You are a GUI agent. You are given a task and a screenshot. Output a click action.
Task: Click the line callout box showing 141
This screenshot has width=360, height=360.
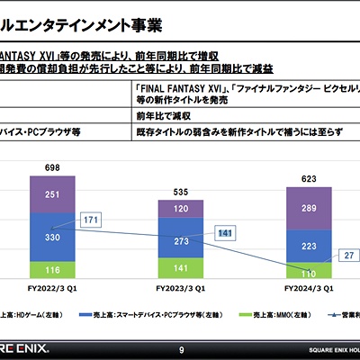[226, 234]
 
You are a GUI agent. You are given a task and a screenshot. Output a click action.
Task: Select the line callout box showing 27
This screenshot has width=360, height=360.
[347, 256]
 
